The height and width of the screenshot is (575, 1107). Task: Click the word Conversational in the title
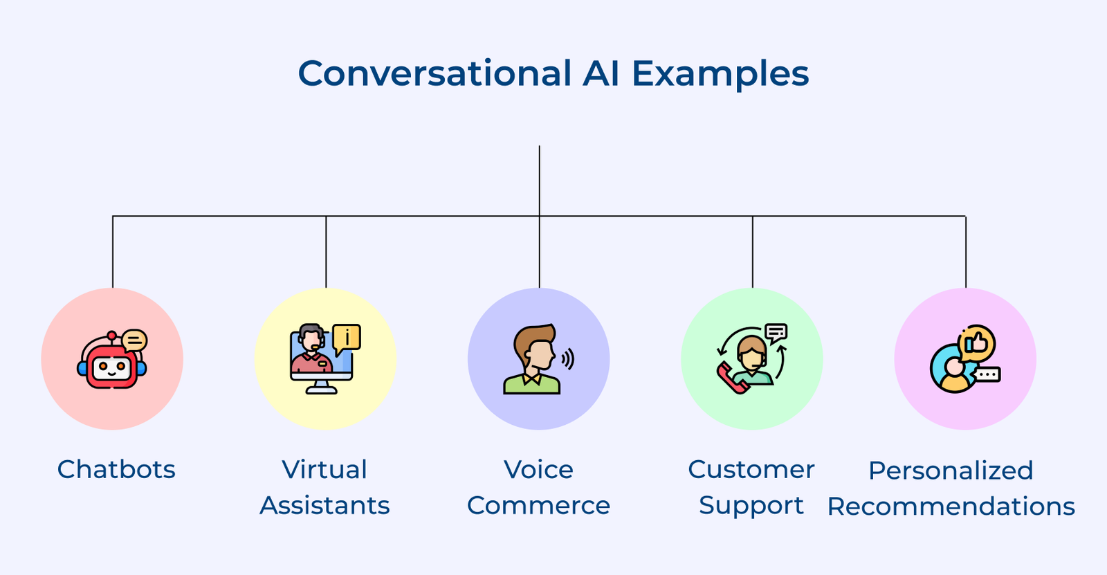(434, 73)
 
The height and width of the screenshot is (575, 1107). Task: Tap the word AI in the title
(601, 73)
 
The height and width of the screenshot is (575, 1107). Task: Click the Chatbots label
(116, 470)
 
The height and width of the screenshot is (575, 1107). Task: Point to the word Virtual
(324, 470)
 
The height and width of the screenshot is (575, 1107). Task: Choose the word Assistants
(324, 506)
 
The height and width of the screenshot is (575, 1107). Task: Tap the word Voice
(538, 470)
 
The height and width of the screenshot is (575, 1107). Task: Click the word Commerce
(538, 506)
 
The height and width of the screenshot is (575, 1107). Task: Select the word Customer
(751, 470)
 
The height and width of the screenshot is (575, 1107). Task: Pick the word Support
(751, 506)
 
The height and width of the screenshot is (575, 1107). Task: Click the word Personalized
(951, 471)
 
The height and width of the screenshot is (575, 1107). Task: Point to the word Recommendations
(951, 507)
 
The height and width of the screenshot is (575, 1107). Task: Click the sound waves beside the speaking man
(568, 359)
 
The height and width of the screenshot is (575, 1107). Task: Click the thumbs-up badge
(978, 343)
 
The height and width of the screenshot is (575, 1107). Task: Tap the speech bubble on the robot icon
(134, 340)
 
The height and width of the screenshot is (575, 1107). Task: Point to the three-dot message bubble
(987, 375)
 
